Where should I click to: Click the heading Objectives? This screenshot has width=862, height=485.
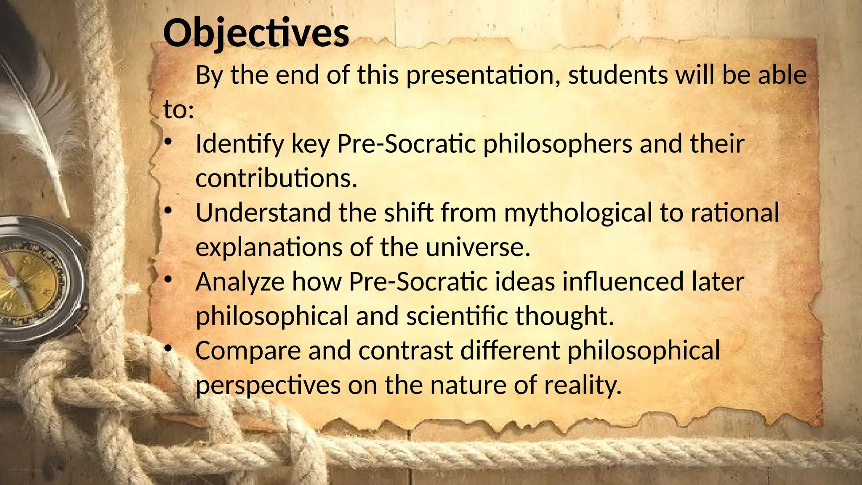(256, 34)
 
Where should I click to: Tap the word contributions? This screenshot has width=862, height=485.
(276, 179)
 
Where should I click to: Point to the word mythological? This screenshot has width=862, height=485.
(578, 213)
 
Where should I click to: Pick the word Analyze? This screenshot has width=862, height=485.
(240, 282)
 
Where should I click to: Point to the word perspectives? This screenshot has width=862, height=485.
(268, 386)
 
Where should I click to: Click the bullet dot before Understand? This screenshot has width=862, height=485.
(168, 211)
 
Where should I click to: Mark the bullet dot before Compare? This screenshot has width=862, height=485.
(168, 348)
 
